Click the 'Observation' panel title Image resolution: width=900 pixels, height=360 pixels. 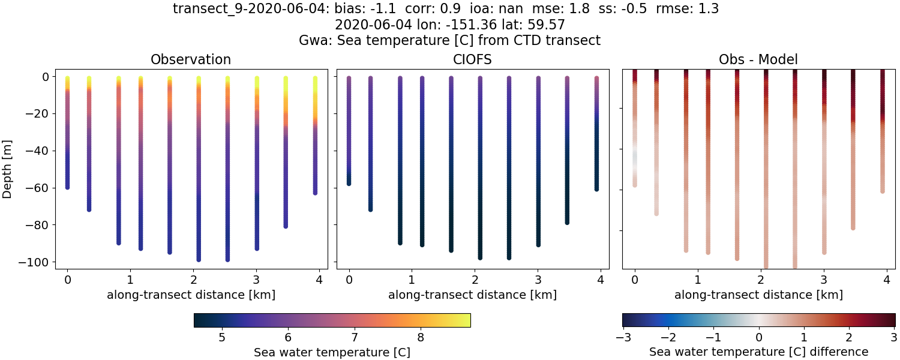coord(191,59)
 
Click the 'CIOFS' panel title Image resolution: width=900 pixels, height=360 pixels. coord(472,59)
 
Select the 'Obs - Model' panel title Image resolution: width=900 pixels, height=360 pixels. coord(758,59)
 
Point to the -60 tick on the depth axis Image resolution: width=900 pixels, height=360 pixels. coord(37,188)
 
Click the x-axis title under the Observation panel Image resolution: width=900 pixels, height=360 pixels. coord(191,295)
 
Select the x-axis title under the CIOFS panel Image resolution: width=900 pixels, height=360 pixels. coord(472,295)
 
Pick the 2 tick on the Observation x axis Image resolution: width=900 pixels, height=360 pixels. coord(193,279)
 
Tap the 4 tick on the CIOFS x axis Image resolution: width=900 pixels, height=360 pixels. coord(600,279)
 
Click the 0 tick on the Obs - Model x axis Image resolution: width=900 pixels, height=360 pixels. coord(635,279)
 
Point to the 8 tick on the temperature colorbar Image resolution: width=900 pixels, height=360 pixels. coord(421,337)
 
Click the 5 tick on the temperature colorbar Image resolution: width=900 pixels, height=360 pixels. coord(221,337)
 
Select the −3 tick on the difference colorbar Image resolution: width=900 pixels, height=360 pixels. coord(622,337)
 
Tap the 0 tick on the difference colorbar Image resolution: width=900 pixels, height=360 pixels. coord(758,337)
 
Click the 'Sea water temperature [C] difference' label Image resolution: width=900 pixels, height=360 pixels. coord(758,352)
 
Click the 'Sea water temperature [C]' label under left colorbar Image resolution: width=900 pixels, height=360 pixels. coord(332,352)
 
